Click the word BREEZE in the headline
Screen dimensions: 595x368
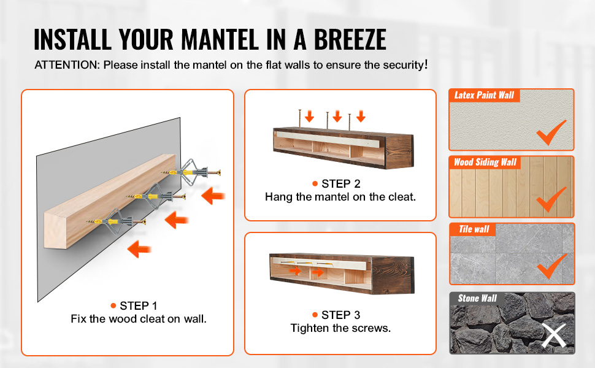[x=350, y=39]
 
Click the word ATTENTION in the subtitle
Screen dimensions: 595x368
[x=67, y=65]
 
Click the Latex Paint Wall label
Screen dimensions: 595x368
[x=484, y=95]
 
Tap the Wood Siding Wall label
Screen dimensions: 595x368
[x=485, y=163]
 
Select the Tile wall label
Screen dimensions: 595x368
[x=474, y=229]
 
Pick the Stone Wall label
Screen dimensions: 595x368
[x=477, y=298]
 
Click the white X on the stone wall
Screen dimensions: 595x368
[x=554, y=335]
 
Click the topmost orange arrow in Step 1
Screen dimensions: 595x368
[x=213, y=196]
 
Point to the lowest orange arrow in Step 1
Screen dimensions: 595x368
[x=139, y=249]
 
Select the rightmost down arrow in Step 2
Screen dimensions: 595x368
[x=361, y=116]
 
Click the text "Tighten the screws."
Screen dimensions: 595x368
[x=341, y=328]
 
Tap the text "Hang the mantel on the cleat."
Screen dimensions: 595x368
[x=340, y=197]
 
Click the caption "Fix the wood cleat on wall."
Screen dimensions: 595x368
[x=139, y=319]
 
